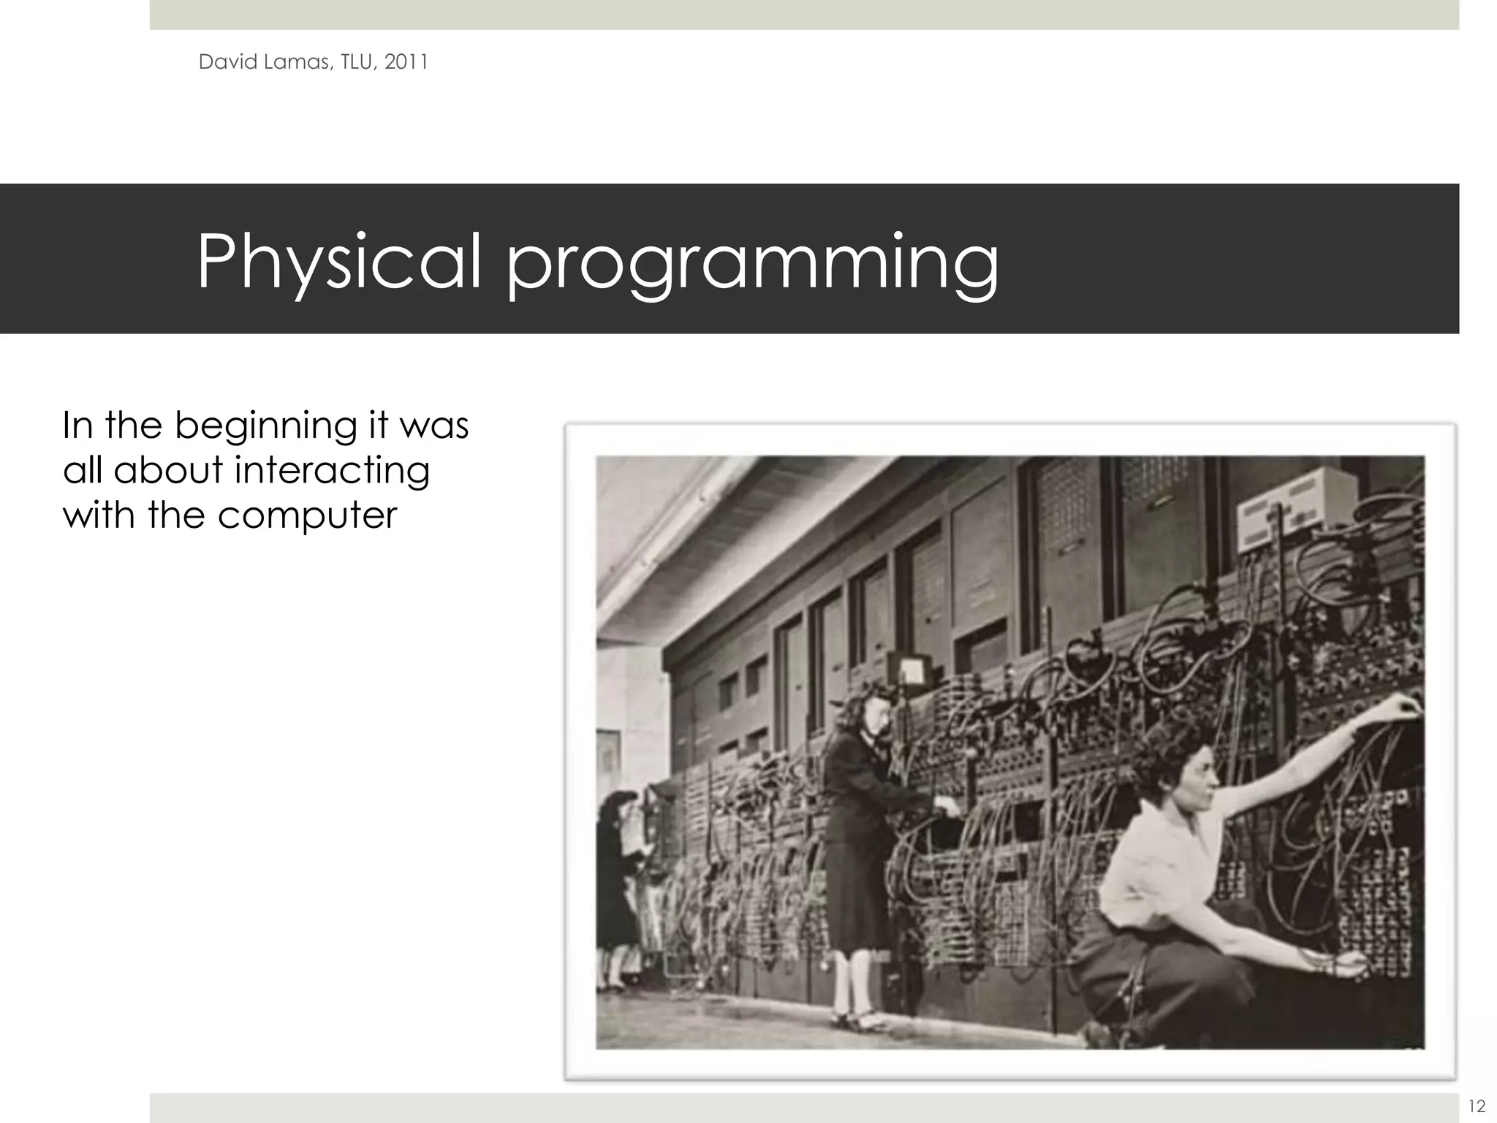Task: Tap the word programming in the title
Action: click(753, 265)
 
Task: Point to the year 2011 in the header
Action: click(406, 62)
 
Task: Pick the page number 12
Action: click(1476, 1105)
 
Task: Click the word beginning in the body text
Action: click(265, 426)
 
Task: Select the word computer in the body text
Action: click(307, 515)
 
